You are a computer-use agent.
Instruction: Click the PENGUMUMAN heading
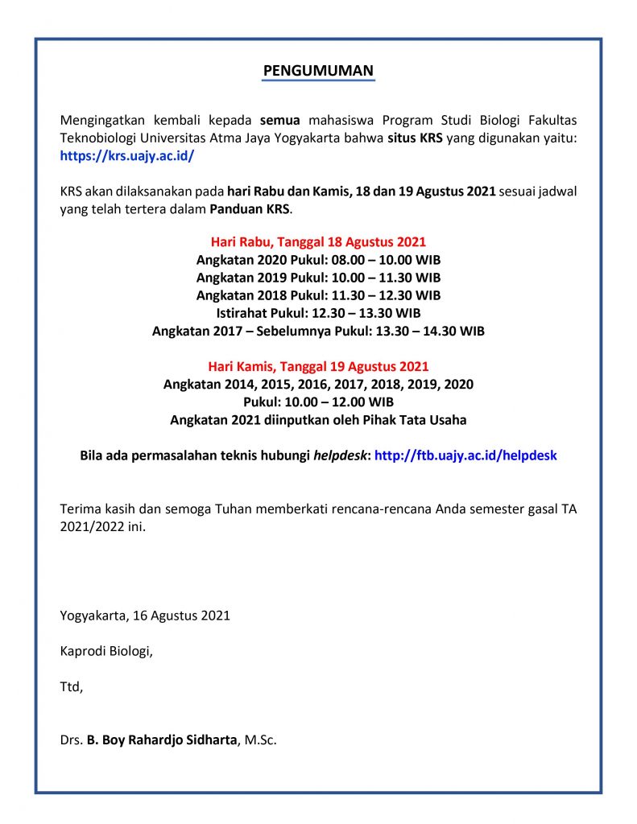click(318, 71)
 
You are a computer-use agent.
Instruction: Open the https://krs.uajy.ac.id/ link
click(127, 156)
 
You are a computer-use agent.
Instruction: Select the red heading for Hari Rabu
click(318, 241)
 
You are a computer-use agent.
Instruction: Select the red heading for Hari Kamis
click(318, 366)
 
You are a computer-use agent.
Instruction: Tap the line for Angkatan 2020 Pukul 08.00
click(318, 260)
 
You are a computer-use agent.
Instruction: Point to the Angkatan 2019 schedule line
click(318, 278)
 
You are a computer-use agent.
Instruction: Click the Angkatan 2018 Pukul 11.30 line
click(318, 295)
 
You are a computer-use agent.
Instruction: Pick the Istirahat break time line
click(318, 313)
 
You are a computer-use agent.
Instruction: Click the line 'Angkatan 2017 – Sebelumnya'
click(318, 331)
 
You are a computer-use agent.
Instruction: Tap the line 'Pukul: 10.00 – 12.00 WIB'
click(318, 402)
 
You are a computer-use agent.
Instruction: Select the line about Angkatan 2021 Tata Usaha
click(318, 419)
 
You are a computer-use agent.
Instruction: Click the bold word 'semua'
click(279, 120)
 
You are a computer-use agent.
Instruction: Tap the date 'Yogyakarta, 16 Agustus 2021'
click(145, 616)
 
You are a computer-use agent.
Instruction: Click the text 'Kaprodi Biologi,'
click(106, 651)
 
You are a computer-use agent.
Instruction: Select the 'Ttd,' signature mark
click(71, 687)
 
